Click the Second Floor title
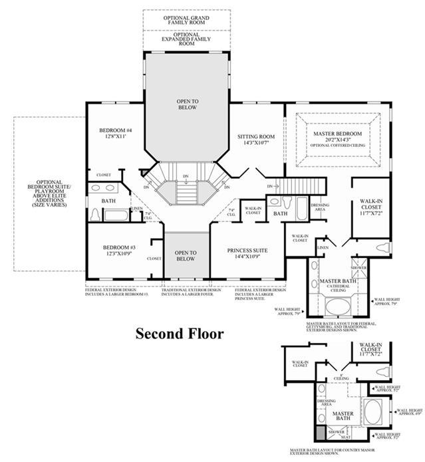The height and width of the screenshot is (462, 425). (180, 333)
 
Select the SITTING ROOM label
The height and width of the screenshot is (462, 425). (256, 137)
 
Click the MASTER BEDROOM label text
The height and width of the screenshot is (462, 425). (339, 134)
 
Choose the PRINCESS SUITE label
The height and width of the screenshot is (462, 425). (249, 250)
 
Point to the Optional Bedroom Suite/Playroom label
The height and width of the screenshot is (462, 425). (50, 193)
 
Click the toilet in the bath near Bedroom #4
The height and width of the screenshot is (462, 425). (94, 215)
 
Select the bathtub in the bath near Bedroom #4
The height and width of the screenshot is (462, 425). (118, 215)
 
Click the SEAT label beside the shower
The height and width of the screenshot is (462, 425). (345, 437)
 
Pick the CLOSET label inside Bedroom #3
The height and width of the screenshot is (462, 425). (154, 259)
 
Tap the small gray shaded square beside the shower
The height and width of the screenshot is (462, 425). (319, 433)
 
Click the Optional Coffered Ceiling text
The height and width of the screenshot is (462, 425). (339, 145)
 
